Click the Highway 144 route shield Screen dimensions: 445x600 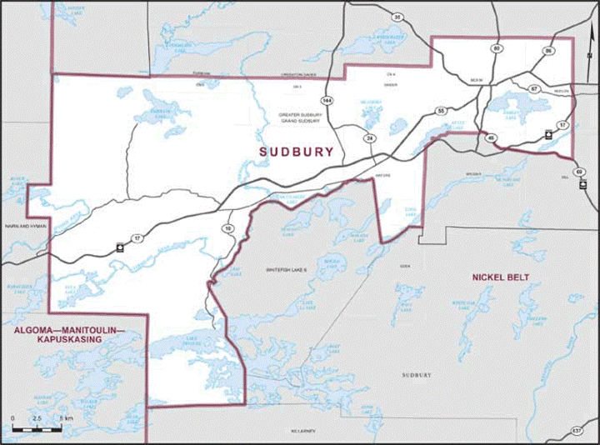327,100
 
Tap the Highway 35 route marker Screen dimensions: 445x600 397,17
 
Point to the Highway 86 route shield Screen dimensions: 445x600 547,52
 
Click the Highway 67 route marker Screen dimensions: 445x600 534,88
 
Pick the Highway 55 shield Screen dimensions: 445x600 441,111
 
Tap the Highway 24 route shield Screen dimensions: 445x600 367,137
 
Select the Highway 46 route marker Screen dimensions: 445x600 492,137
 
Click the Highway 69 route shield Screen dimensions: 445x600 579,171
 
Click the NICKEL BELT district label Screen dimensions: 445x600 500,277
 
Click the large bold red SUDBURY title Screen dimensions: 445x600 296,152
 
